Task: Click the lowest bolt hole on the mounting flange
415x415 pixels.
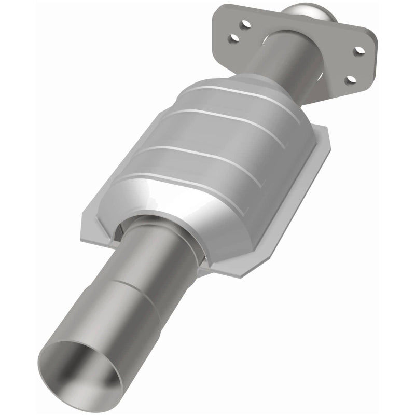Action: point(351,79)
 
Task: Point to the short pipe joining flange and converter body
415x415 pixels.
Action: point(280,57)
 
